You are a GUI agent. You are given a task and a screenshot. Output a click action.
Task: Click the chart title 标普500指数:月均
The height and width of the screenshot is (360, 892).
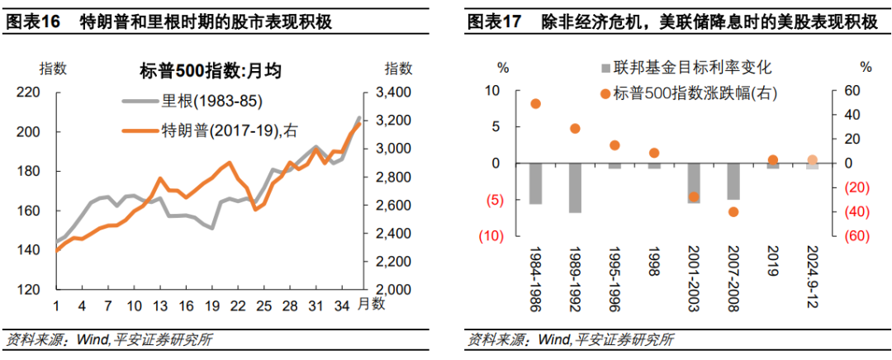tap(211, 71)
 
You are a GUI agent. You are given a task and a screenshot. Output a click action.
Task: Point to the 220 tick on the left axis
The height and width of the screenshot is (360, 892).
tap(30, 92)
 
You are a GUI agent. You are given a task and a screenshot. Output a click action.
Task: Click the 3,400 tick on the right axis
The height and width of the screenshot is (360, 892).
tap(400, 92)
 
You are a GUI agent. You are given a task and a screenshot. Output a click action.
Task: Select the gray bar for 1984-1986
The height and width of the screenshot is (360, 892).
tap(535, 183)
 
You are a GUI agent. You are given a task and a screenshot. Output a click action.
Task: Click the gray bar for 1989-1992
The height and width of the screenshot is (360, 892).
tap(575, 187)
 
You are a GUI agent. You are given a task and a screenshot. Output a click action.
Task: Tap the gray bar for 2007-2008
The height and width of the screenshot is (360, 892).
tap(733, 181)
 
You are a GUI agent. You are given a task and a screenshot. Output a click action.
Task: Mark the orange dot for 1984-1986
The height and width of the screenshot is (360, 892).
tap(535, 104)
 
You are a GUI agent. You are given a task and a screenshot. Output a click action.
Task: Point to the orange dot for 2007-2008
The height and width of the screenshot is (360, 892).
tap(733, 212)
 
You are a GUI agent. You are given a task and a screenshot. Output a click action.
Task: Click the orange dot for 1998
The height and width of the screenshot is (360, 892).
tap(654, 153)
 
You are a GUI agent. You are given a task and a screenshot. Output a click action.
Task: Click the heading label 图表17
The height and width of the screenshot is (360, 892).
tap(493, 22)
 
